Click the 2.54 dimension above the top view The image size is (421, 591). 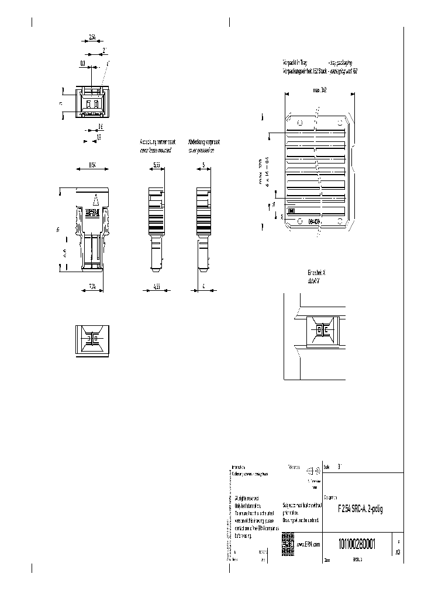point(92,38)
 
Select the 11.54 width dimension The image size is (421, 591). point(92,165)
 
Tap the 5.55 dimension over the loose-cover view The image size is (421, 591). point(157,165)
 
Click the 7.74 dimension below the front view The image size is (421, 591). point(92,286)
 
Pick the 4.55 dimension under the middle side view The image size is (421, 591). point(156,286)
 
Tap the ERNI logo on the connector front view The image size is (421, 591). point(92,214)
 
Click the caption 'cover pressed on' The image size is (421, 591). point(202,150)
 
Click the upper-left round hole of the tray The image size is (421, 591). point(300,123)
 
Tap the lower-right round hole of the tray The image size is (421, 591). point(340,222)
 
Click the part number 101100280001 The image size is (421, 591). point(356,544)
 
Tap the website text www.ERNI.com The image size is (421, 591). point(308,544)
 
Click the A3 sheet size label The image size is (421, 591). point(398,551)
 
